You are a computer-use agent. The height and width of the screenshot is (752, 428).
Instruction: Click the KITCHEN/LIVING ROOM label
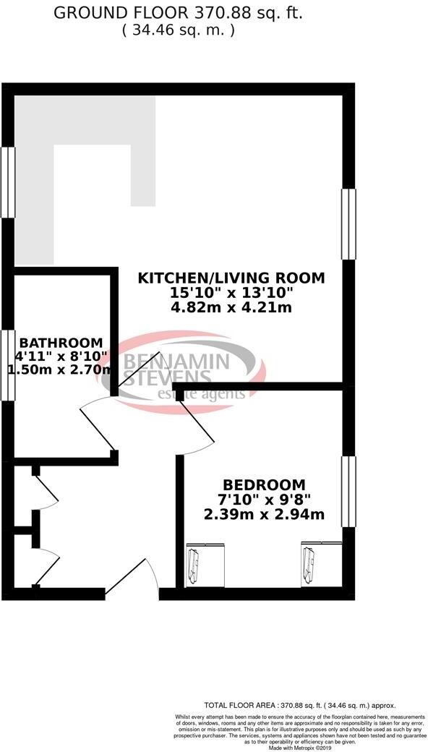(x=231, y=278)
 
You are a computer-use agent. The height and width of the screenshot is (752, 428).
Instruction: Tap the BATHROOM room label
(x=61, y=342)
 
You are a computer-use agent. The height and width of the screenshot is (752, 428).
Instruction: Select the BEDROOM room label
(x=263, y=484)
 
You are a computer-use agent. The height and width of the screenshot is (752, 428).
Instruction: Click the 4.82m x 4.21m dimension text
(x=231, y=309)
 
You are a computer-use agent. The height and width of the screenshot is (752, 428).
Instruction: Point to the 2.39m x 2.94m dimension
(x=263, y=515)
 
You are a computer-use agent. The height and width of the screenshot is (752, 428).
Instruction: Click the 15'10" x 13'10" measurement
(x=231, y=294)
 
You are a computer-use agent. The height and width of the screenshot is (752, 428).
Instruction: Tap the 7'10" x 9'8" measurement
(x=263, y=500)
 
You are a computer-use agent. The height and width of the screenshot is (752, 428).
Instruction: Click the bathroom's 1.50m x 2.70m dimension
(x=61, y=369)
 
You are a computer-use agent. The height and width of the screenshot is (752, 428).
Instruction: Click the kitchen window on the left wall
(x=9, y=181)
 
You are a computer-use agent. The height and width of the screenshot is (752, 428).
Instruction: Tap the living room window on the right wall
(x=348, y=223)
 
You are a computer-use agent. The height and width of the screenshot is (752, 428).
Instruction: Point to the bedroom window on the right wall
(x=348, y=492)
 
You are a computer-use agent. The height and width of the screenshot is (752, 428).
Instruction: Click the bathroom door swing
(x=98, y=423)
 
